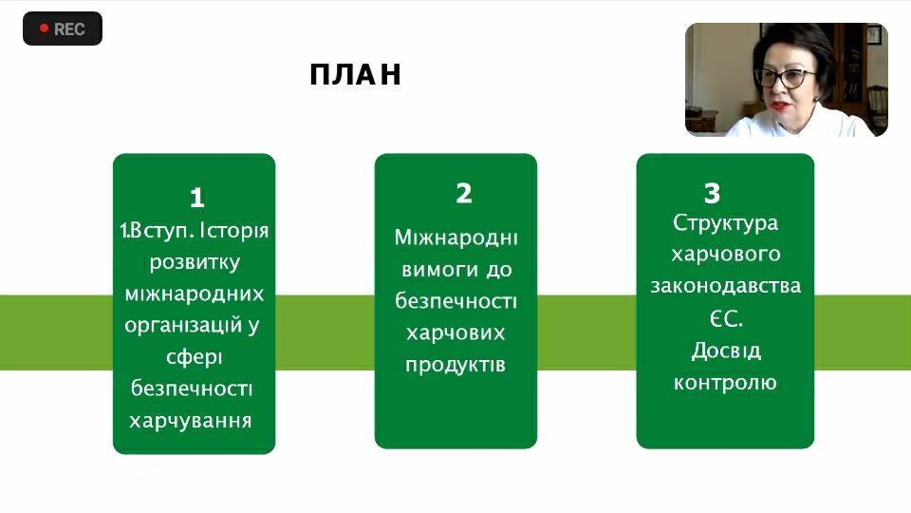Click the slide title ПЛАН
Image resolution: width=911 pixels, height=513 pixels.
pos(355,74)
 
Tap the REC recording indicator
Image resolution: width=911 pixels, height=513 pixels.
pos(63,28)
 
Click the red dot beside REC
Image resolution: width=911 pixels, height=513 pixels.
pos(44,28)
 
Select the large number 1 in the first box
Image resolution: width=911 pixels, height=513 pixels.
pos(197,198)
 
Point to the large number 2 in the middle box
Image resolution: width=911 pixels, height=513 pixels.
pos(464,193)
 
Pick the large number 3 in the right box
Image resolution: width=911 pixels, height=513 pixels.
pos(712,193)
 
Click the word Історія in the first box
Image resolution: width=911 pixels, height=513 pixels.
pos(233,232)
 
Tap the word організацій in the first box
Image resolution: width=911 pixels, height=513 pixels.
pos(183,325)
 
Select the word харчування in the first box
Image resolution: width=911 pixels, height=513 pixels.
pos(191,421)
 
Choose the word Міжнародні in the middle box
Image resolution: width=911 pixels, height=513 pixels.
pos(456,237)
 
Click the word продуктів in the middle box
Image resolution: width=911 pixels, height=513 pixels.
pos(455,365)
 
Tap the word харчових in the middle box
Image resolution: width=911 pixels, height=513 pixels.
pos(455,333)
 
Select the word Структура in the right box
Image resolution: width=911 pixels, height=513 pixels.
pos(725,223)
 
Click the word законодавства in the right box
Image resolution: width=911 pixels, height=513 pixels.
pos(726,286)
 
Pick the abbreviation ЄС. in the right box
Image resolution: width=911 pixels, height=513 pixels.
pos(726,319)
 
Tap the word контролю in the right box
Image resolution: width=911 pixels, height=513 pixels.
pos(725,383)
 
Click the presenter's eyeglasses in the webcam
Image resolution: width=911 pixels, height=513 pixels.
pos(786,77)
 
